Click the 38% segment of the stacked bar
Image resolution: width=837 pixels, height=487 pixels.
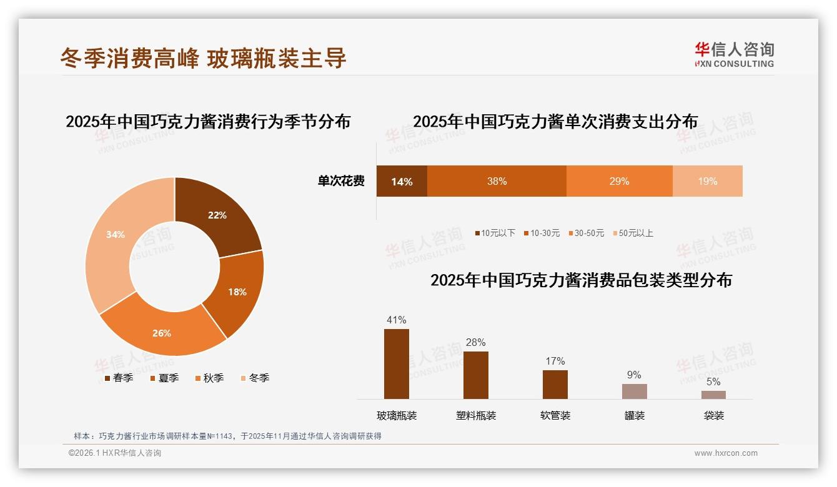click(x=497, y=181)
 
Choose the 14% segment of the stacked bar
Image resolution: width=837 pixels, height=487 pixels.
click(x=402, y=181)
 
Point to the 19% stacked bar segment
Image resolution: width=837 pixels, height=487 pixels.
click(x=707, y=181)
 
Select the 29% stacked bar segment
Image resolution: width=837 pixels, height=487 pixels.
click(x=619, y=181)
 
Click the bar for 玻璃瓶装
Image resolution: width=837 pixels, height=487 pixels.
click(x=397, y=364)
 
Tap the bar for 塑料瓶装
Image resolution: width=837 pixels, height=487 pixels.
click(x=476, y=375)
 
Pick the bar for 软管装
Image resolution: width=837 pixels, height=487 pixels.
click(x=555, y=385)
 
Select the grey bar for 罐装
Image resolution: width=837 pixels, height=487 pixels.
click(x=634, y=391)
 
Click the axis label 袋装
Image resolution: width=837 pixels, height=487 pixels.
click(x=713, y=415)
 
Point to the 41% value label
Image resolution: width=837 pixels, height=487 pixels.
click(x=397, y=320)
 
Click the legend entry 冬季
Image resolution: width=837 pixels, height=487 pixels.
click(x=255, y=378)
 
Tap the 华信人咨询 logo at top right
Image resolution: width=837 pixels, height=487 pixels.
click(x=734, y=54)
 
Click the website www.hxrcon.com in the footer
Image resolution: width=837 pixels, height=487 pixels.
click(x=726, y=453)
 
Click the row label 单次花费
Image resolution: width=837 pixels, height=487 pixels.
click(x=341, y=181)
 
